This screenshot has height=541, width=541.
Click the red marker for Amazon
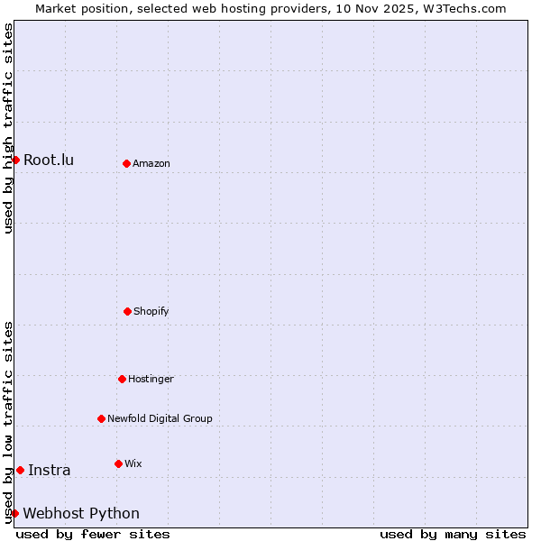pos(126,163)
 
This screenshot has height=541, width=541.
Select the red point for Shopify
pos(127,311)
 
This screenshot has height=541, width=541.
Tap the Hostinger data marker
pos(122,379)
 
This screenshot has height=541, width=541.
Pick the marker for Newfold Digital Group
pos(101,418)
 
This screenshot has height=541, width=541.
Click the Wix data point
pos(118,463)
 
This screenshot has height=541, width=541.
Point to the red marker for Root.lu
pos(15,160)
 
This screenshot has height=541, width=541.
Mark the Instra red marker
pos(20,470)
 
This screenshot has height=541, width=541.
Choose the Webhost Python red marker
pos(14,513)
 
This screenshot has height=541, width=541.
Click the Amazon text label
pos(151,164)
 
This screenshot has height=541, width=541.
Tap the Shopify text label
pos(151,312)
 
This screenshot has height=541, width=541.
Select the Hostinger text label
pos(151,380)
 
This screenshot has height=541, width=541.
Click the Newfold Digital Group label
pos(160,419)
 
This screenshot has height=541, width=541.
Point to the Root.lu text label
pos(49,160)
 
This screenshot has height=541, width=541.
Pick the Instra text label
pos(49,471)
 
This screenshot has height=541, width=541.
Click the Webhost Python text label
pos(81,514)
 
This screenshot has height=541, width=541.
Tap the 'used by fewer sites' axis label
pos(93,534)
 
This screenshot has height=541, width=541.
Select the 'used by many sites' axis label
pos(453,534)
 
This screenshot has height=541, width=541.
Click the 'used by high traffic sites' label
pos(8,128)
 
